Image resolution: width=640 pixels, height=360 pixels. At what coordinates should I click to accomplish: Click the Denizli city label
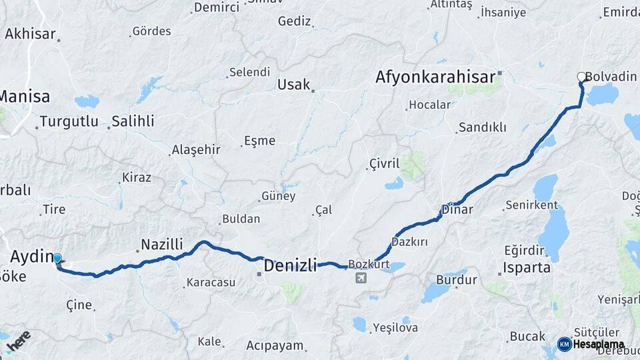[x=290, y=265]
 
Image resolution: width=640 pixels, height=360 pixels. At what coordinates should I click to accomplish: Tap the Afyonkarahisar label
[x=435, y=77]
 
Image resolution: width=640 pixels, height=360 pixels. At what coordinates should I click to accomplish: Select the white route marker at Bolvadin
[x=581, y=77]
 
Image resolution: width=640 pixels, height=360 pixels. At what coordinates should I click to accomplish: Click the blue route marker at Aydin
[x=57, y=259]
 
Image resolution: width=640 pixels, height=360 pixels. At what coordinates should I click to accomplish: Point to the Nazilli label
[x=162, y=244]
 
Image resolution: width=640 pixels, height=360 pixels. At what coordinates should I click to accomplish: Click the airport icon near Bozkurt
[x=361, y=277]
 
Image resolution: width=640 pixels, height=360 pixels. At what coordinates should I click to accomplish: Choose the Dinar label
[x=457, y=209]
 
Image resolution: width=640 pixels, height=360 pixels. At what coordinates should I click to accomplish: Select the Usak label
[x=294, y=85]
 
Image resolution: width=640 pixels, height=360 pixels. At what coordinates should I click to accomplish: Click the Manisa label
[x=25, y=97]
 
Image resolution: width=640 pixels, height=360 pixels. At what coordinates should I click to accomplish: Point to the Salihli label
[x=133, y=121]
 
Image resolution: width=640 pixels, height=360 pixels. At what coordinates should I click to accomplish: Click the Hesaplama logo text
[x=599, y=345]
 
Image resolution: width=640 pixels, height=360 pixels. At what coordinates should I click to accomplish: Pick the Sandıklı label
[x=483, y=127]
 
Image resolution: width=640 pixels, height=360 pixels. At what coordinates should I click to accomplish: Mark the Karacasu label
[x=211, y=282]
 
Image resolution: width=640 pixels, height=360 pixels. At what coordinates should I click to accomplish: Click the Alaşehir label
[x=196, y=149]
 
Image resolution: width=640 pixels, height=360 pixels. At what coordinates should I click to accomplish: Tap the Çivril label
[x=383, y=163]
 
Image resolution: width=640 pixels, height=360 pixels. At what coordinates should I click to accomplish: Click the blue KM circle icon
[x=564, y=345]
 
